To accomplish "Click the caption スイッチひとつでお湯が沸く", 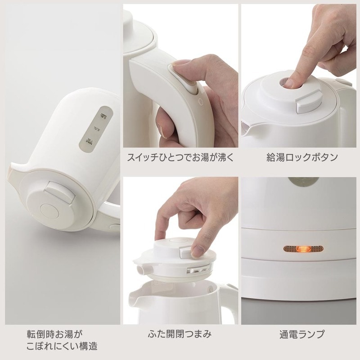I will (x=180, y=158).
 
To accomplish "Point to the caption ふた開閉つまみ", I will (x=180, y=334).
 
